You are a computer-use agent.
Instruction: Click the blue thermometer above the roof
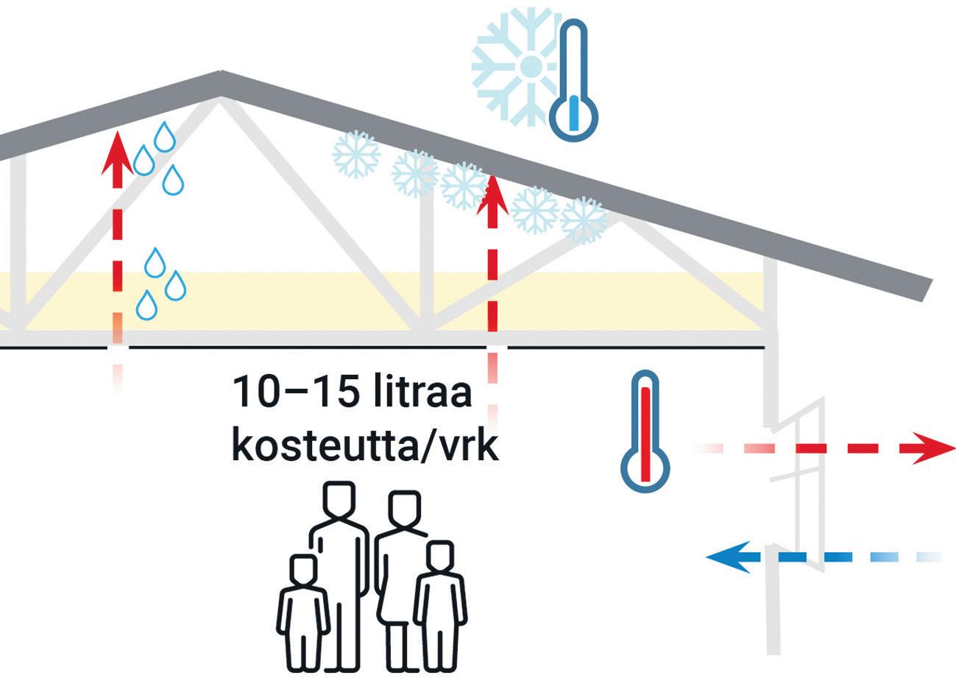tap(573, 81)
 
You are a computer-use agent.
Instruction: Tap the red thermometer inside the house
tap(645, 431)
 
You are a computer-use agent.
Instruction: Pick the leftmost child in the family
tap(302, 604)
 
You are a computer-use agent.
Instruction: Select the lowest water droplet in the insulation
tap(147, 304)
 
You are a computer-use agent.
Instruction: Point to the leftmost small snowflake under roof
tap(356, 155)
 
